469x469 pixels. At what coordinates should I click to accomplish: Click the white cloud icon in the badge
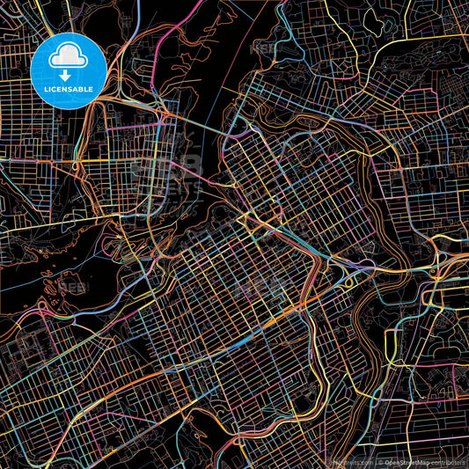68,57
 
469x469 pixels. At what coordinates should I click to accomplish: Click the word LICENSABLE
68,90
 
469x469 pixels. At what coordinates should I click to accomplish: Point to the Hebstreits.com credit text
351,461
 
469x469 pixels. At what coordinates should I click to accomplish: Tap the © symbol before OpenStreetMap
380,461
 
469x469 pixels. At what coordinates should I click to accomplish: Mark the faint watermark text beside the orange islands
76,287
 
